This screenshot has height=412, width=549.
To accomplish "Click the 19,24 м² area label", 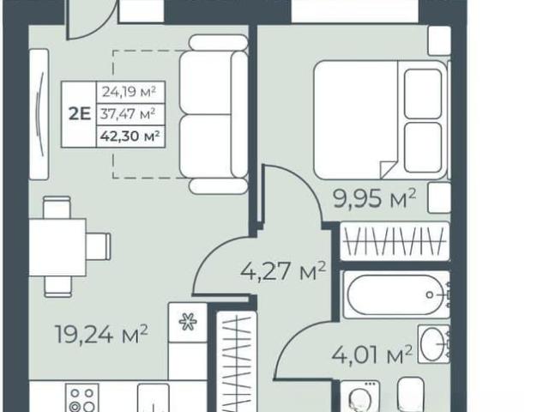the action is pyautogui.click(x=101, y=334).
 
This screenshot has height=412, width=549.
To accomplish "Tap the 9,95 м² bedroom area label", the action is pyautogui.click(x=375, y=198).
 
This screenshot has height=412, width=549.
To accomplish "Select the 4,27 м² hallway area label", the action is pyautogui.click(x=283, y=271).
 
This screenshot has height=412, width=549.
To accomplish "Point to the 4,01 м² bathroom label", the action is pyautogui.click(x=371, y=354).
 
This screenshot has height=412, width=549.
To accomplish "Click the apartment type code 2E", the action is pyautogui.click(x=80, y=114).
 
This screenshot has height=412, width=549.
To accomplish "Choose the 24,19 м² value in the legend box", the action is pyautogui.click(x=129, y=92).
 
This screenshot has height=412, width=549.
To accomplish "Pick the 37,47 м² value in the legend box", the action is pyautogui.click(x=128, y=114).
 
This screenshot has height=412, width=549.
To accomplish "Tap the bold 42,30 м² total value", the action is pyautogui.click(x=130, y=136).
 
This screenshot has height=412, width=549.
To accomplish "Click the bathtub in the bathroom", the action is pyautogui.click(x=396, y=294).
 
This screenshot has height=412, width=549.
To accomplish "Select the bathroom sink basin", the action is pyautogui.click(x=433, y=344).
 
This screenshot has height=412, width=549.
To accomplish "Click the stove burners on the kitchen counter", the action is pyautogui.click(x=82, y=398).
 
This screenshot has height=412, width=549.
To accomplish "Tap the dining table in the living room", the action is pyautogui.click(x=57, y=247).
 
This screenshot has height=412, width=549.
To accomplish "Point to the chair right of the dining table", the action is pyautogui.click(x=99, y=246).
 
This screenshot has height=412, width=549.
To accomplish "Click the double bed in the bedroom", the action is pyautogui.click(x=381, y=120).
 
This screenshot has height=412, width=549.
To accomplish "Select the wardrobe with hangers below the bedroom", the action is pyautogui.click(x=395, y=241).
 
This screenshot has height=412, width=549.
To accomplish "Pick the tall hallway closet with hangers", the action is pyautogui.click(x=237, y=361).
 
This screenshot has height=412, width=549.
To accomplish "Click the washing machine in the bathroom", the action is pyautogui.click(x=359, y=397).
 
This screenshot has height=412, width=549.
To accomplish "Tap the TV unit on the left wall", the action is pyautogui.click(x=39, y=114).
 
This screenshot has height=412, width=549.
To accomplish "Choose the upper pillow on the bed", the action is pyautogui.click(x=423, y=94).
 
